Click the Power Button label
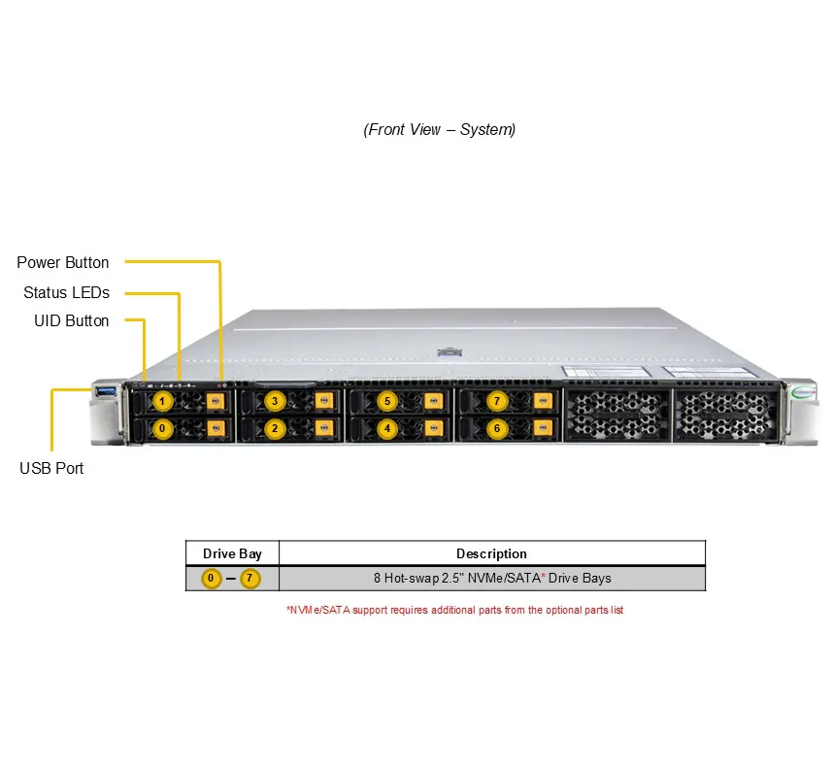(x=63, y=262)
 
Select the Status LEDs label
(x=66, y=292)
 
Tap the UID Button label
(x=72, y=320)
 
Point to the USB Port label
(x=51, y=468)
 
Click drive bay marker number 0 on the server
(x=163, y=428)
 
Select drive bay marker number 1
(x=163, y=401)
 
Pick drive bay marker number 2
(x=275, y=428)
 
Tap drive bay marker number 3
(x=275, y=401)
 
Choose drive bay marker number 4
(x=386, y=428)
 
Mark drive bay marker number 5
(x=386, y=401)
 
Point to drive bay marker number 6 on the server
(x=497, y=428)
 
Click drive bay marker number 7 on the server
(x=497, y=401)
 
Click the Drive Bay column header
(x=232, y=553)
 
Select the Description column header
(x=491, y=553)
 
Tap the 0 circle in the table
(x=212, y=579)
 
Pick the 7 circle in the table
(x=251, y=579)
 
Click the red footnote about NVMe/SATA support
(x=453, y=610)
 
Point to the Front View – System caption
(x=440, y=129)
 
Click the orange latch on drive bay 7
(x=541, y=401)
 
